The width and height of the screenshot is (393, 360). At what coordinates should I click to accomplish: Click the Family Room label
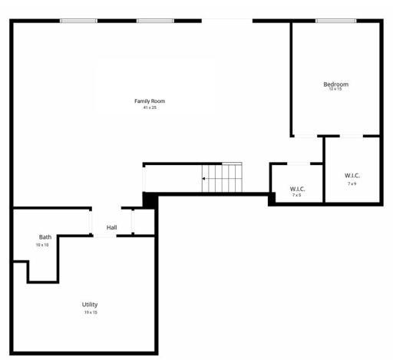point(150,101)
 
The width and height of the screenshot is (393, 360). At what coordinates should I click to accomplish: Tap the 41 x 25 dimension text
point(150,107)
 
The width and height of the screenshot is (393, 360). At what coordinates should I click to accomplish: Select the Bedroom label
point(335,84)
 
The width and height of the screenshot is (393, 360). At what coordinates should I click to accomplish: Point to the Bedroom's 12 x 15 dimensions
point(335,90)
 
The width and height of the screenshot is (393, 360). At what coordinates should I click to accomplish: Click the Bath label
point(45,237)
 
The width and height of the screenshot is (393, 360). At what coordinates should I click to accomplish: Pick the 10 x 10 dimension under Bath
point(42,245)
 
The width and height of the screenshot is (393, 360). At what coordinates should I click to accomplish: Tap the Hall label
point(112,228)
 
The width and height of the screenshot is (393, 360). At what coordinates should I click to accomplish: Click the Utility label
point(90,305)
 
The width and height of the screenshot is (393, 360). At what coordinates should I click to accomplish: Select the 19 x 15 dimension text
point(91,312)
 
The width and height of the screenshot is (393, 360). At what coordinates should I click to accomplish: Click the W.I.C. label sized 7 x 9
point(352,176)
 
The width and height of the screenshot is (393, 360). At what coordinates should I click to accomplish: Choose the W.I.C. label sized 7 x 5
point(297,189)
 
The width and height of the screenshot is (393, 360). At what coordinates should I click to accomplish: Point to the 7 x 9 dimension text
point(352,183)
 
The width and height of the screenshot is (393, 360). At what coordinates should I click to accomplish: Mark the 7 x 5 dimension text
point(297,195)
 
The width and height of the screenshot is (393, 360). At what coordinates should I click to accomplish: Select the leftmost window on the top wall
point(78,21)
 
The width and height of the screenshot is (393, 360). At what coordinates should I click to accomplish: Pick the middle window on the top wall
point(154,21)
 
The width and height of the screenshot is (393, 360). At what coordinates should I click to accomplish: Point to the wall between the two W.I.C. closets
point(323,169)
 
